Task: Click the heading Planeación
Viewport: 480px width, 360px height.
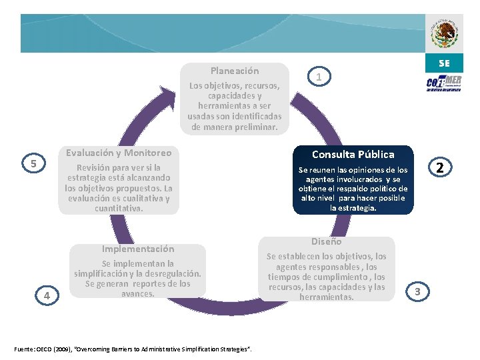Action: (x=235, y=71)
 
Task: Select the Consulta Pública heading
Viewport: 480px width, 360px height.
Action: (x=353, y=155)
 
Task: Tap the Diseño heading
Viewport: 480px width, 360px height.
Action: (x=327, y=241)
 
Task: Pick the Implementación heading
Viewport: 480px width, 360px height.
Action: (x=138, y=249)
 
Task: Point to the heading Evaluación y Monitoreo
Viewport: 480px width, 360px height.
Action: (x=119, y=153)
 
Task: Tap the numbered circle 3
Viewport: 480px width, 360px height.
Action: (x=417, y=291)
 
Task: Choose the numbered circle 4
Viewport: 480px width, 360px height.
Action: (x=47, y=295)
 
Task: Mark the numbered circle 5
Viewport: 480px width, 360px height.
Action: (x=33, y=163)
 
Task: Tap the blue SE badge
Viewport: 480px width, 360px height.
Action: (x=444, y=63)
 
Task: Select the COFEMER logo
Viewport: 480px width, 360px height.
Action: (x=444, y=83)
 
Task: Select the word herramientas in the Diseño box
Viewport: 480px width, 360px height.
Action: (x=327, y=297)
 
